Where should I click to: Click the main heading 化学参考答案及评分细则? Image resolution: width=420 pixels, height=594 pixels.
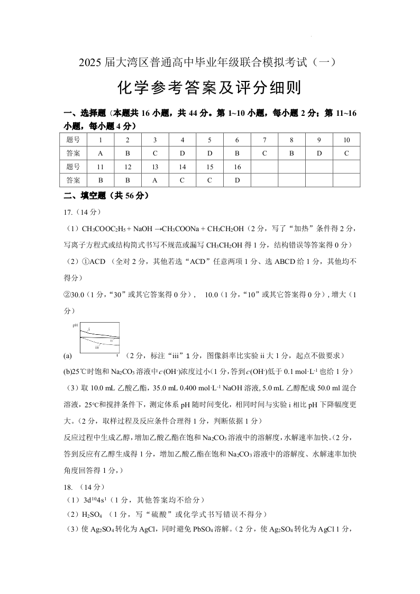(x=209, y=88)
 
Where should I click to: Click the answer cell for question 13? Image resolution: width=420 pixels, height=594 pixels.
(x=155, y=180)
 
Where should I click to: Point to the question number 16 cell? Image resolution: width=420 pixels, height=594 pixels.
(x=237, y=167)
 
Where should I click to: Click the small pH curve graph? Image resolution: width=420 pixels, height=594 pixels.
(x=99, y=336)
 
